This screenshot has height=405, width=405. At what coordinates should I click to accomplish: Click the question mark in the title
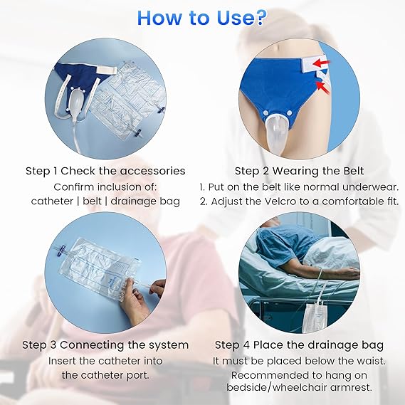(x=258, y=18)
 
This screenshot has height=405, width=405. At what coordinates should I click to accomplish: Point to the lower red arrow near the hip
(x=322, y=88)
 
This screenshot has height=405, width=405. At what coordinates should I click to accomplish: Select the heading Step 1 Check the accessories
(x=105, y=171)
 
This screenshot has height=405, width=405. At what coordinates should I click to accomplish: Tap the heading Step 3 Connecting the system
(x=105, y=345)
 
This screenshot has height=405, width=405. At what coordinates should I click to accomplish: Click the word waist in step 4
(x=372, y=361)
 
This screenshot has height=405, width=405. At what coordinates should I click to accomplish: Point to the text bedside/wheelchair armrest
(x=299, y=387)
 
